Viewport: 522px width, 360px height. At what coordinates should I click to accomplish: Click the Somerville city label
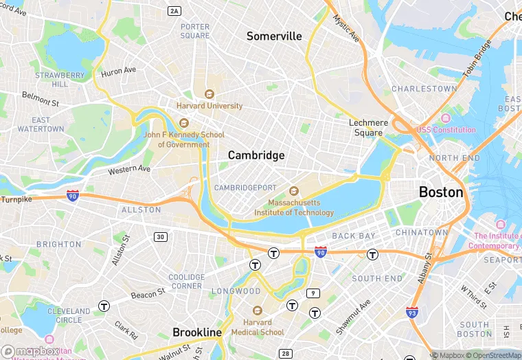274,36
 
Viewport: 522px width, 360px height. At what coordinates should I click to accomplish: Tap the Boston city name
441,192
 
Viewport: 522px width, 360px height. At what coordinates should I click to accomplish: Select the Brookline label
197,333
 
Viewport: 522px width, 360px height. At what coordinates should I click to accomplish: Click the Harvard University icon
209,94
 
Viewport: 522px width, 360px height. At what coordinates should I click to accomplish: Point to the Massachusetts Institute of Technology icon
294,190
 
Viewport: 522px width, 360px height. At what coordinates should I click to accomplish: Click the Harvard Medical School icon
258,311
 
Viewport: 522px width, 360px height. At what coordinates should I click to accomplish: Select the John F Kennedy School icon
183,123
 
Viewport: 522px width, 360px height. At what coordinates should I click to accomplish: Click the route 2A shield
174,10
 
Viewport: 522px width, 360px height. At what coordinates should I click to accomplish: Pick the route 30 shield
160,237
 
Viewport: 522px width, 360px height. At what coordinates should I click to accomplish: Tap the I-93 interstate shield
412,313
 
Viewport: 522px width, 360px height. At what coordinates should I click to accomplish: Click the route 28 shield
286,353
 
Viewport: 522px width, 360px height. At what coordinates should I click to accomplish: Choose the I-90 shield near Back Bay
320,252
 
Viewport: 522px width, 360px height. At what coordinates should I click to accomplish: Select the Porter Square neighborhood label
195,32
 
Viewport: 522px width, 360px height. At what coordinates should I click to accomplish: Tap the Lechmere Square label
368,128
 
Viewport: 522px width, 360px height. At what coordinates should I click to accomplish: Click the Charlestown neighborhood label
424,89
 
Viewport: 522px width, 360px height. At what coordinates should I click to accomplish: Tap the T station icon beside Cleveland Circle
104,306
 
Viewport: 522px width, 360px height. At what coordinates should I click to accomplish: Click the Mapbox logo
30,351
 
